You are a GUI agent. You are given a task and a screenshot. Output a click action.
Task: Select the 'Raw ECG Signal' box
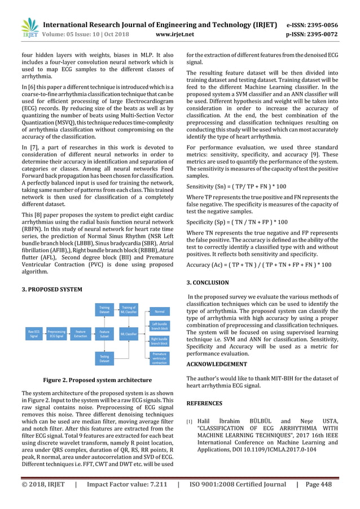pos(34,334)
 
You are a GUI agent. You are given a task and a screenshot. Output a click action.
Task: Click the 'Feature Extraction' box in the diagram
pos(81,334)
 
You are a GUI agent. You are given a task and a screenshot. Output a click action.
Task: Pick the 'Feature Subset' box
pos(104,334)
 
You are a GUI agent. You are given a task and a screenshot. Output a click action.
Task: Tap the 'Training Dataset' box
pos(104,310)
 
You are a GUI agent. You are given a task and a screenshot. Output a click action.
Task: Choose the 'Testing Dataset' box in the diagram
pos(104,358)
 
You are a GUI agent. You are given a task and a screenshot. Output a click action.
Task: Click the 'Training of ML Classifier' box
pos(129,310)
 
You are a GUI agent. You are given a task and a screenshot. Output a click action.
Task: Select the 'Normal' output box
pos(160,310)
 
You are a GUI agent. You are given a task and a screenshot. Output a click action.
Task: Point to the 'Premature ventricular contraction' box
pos(160,358)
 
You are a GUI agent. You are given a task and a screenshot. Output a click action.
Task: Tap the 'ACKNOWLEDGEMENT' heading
pos(217,364)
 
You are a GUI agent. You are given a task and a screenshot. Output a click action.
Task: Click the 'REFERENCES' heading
pos(204,403)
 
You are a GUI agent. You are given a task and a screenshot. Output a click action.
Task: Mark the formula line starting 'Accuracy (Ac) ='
pos(259,264)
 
